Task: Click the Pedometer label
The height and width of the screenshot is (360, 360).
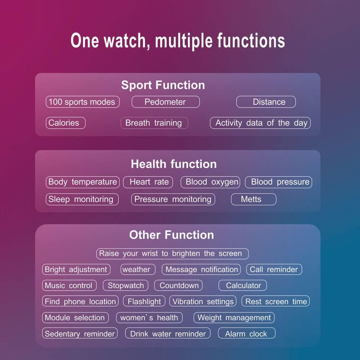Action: pos(166,102)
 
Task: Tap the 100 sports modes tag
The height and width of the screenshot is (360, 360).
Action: pos(83,102)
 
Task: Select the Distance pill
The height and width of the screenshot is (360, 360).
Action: pos(266,102)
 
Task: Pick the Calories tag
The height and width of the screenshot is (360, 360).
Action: pos(66,123)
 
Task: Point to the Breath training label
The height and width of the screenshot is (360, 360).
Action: pos(154,123)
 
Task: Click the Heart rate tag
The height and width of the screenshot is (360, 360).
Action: pos(148,182)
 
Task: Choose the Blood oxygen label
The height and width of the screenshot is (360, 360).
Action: pos(210,182)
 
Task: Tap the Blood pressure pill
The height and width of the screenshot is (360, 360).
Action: pos(279,182)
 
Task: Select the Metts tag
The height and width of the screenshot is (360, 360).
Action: pos(254,199)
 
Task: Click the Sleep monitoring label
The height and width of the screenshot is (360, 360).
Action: pos(82,199)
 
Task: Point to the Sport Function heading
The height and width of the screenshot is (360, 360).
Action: pos(163,85)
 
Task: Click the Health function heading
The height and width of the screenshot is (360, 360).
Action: pos(174,164)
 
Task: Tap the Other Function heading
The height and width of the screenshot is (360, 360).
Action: pos(171,235)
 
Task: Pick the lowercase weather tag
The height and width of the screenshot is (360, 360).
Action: pos(138,269)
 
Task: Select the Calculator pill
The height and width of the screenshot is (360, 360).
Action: pos(243,285)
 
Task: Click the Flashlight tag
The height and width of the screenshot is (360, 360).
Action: pos(144,301)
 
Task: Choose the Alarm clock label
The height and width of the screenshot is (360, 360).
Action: pos(247,333)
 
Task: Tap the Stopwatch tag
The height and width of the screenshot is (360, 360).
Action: pos(126,285)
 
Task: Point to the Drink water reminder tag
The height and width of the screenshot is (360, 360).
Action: pos(168,333)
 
